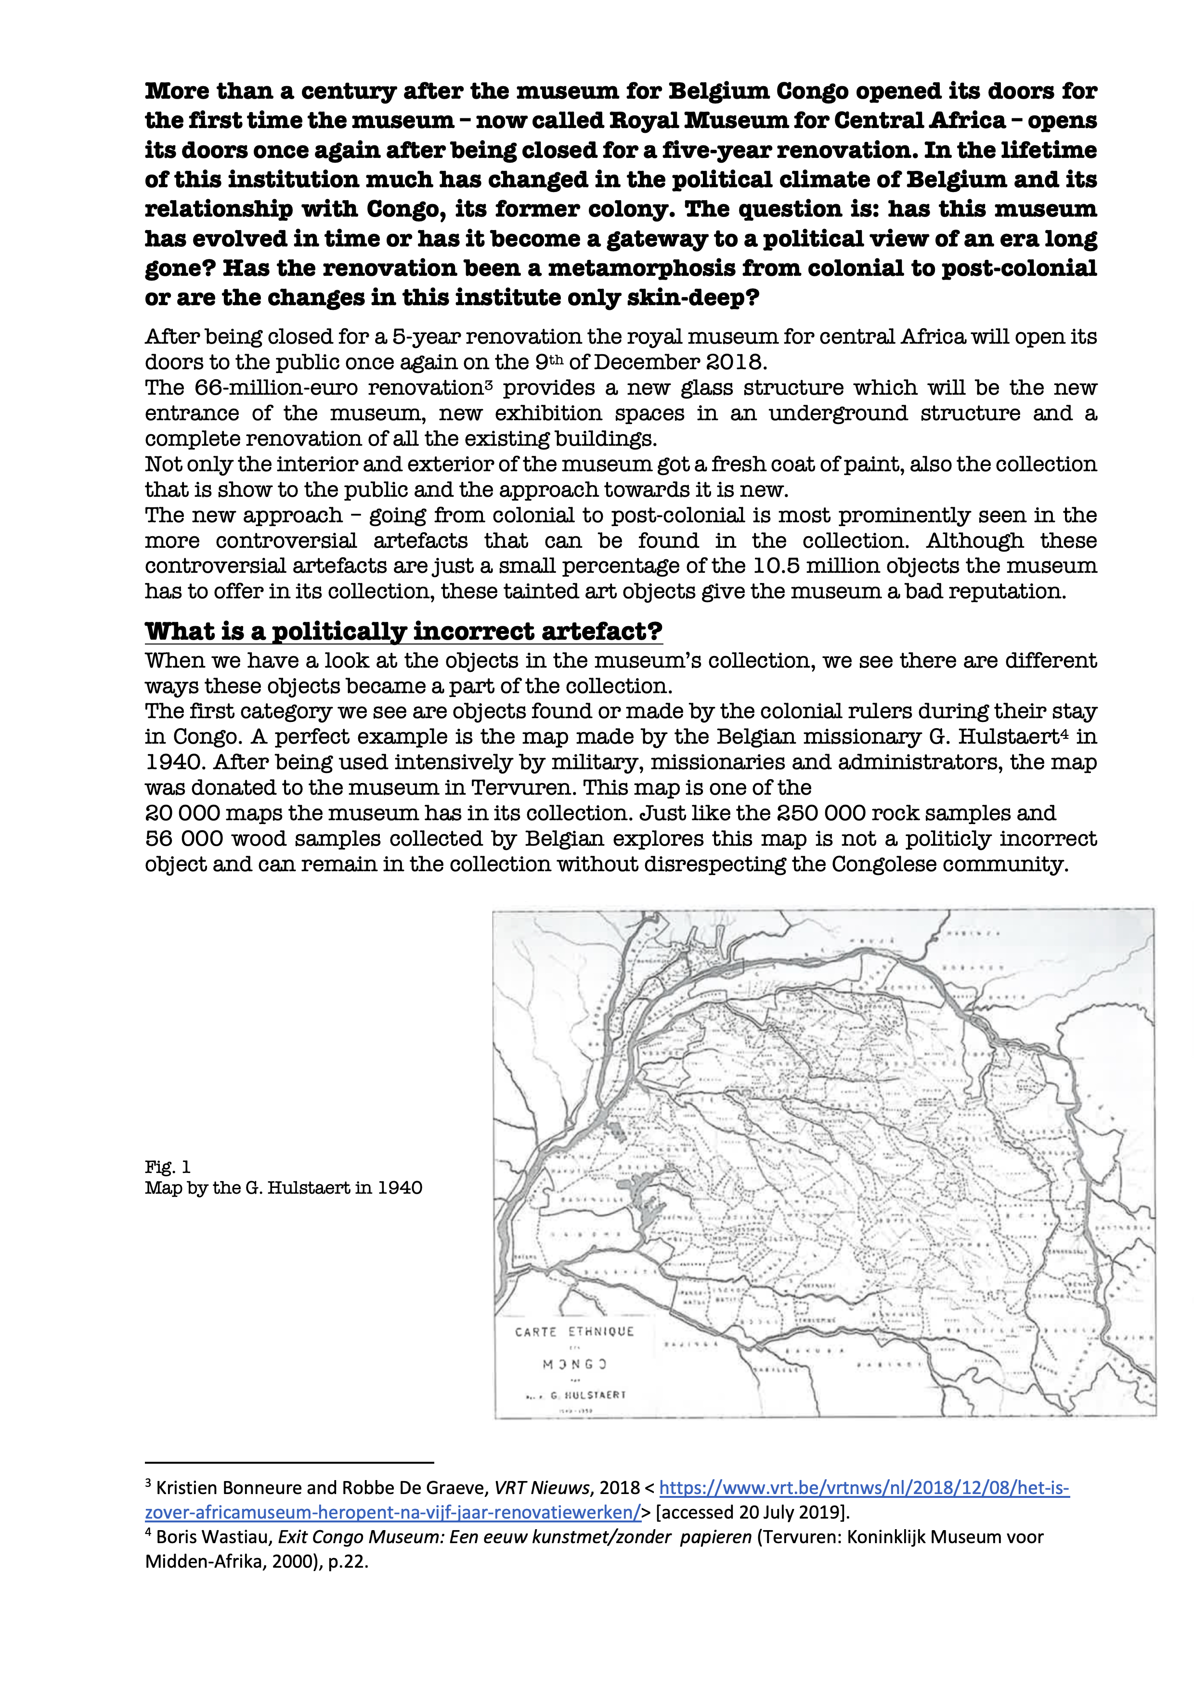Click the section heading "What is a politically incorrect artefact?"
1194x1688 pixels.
403,631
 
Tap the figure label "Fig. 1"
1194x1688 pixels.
168,1167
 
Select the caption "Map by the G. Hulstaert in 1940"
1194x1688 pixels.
283,1188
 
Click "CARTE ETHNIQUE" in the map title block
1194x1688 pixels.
574,1331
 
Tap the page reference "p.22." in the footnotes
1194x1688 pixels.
348,1561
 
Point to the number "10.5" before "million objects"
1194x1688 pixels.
773,566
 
